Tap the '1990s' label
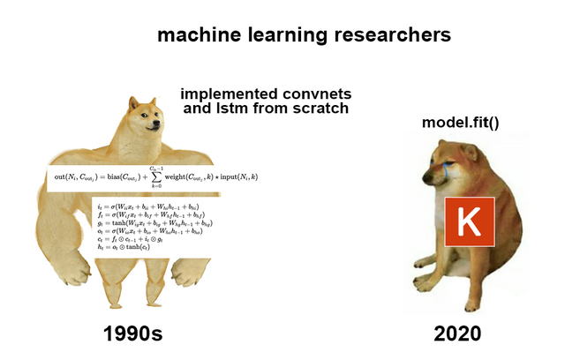point(133,334)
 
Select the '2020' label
point(457,334)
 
